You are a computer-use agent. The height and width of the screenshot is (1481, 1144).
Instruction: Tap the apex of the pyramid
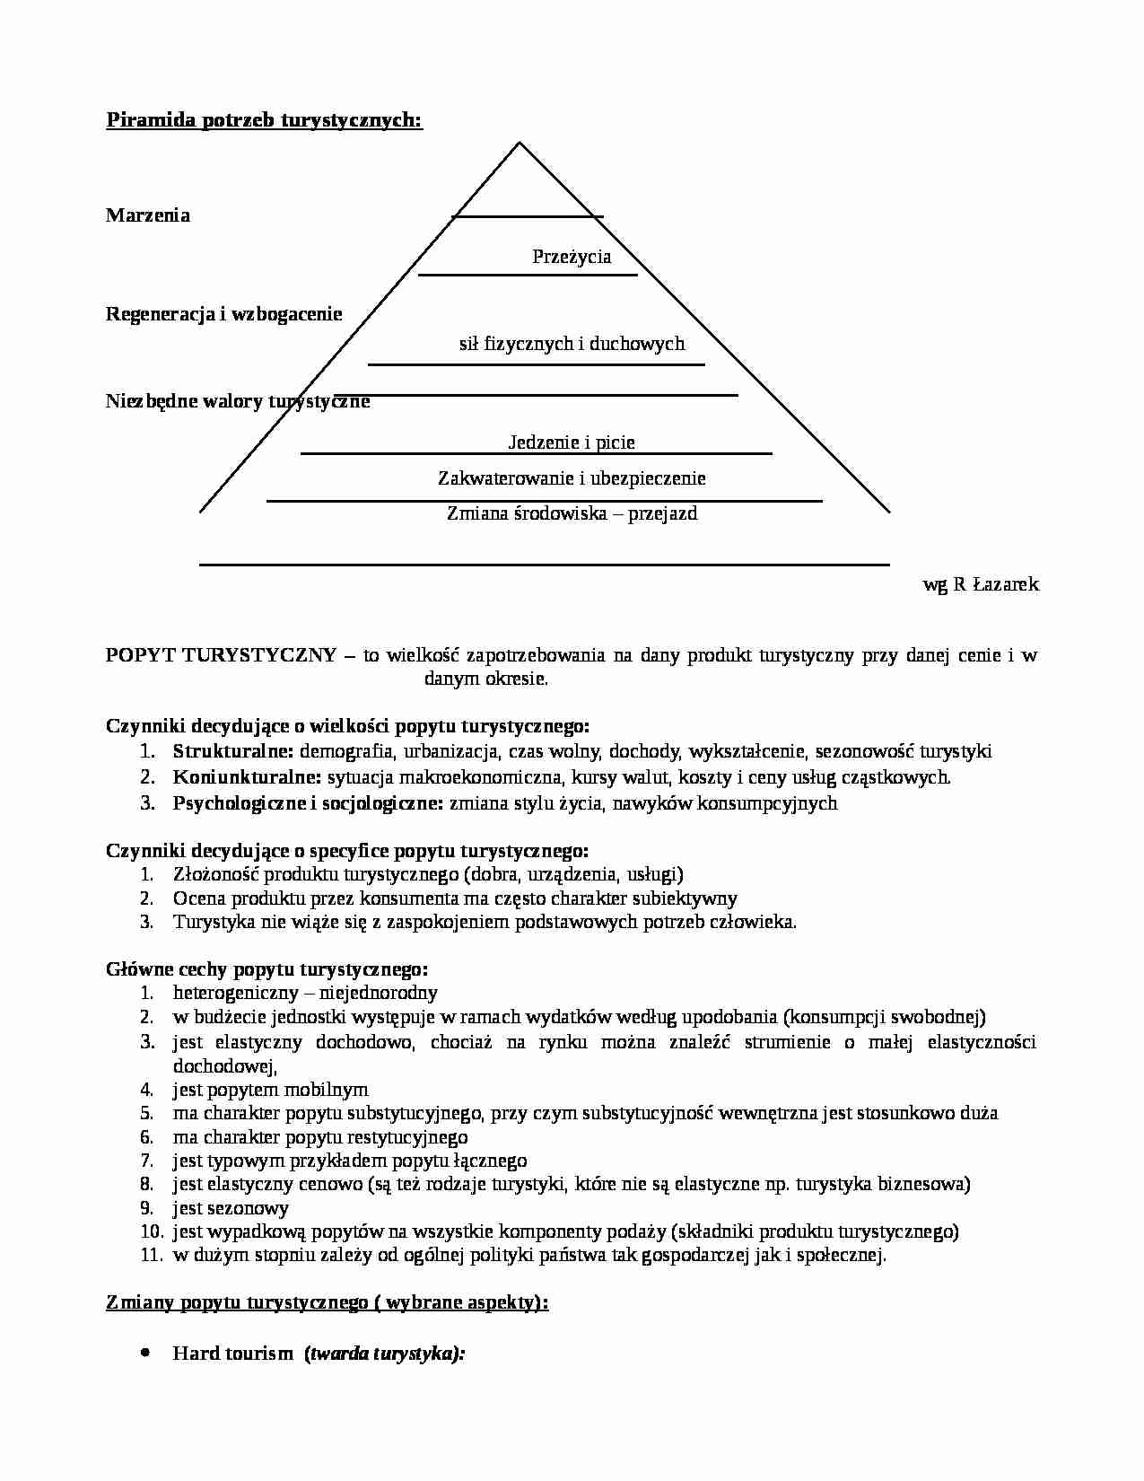[519, 143]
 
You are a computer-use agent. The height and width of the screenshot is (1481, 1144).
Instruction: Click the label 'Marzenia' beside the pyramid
[148, 215]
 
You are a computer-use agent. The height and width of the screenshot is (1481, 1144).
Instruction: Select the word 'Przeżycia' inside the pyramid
[572, 257]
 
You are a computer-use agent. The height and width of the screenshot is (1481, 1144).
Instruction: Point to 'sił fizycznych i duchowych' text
[572, 343]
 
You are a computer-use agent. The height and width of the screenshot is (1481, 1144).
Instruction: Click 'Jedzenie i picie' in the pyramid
[572, 442]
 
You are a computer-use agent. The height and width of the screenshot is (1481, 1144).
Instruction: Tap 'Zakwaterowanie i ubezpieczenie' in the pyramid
[572, 478]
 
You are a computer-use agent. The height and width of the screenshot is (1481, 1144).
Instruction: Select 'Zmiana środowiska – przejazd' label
[572, 513]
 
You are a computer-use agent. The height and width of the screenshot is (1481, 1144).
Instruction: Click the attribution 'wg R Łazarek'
[981, 584]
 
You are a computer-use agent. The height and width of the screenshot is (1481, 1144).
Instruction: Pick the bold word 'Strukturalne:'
[233, 751]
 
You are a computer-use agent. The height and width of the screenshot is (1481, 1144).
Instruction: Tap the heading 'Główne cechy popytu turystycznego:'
[267, 969]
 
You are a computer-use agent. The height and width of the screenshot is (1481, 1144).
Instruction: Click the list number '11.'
[149, 1255]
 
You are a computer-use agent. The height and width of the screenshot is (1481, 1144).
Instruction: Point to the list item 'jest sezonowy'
[231, 1208]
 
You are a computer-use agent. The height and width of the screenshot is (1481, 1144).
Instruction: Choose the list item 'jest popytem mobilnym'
[270, 1090]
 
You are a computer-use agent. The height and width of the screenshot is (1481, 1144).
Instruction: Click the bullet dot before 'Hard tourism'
[145, 1352]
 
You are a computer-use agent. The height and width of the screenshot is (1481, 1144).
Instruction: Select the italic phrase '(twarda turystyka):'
[385, 1354]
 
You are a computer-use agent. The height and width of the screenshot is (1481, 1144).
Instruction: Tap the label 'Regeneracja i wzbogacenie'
[224, 314]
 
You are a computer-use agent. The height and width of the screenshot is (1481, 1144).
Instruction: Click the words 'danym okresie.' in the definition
[485, 679]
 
